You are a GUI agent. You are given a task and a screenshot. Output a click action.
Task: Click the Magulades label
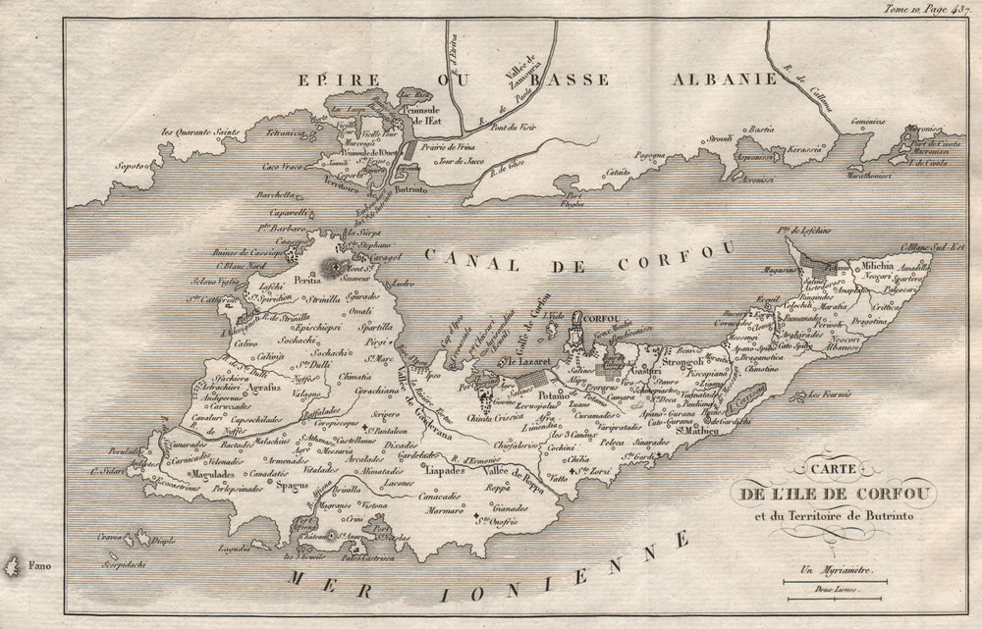tap(213, 473)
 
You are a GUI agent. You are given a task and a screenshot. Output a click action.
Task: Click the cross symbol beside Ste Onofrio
tap(477, 518)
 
